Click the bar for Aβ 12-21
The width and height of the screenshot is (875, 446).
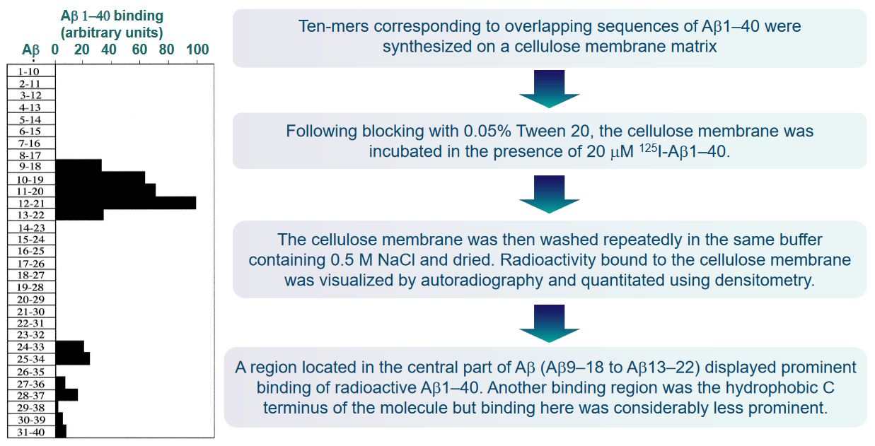(126, 203)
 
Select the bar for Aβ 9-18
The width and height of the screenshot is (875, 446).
(79, 165)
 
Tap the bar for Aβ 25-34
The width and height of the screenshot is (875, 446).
(73, 358)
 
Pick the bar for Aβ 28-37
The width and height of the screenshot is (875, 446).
(66, 394)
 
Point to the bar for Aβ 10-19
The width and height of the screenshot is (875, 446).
(100, 177)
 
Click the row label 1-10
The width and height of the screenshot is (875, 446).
(29, 71)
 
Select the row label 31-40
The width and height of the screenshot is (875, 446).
(30, 432)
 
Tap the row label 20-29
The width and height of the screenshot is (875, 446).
(30, 299)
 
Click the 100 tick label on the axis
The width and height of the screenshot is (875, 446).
(197, 49)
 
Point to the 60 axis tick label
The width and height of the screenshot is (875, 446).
(139, 49)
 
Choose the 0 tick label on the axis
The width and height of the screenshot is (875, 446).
(54, 49)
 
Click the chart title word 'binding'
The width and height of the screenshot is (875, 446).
(138, 16)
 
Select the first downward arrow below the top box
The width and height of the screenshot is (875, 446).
(549, 89)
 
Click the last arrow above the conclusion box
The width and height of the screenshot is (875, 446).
(549, 324)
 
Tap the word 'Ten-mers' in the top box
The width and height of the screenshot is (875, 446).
(334, 26)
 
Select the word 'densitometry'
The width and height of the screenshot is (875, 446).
(765, 281)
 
